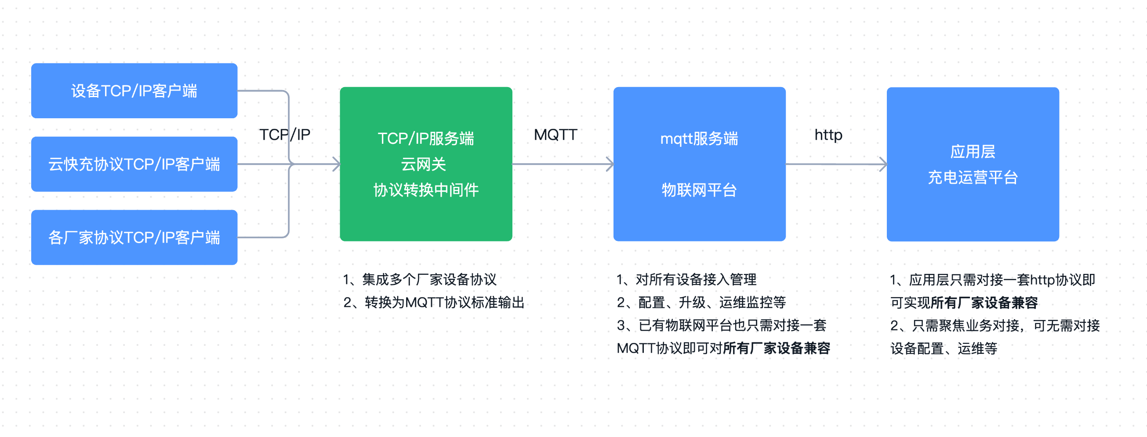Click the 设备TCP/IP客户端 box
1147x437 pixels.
tap(134, 91)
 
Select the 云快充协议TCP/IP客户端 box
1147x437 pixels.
tap(134, 164)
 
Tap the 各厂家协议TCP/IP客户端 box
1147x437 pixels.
tap(134, 237)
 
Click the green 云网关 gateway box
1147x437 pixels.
tap(426, 164)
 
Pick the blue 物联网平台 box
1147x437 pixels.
tap(700, 164)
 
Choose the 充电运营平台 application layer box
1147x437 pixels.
tap(973, 164)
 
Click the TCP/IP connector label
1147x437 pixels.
tap(285, 135)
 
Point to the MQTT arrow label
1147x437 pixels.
tap(555, 135)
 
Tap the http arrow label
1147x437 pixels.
tap(828, 135)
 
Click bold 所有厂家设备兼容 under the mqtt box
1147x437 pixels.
tap(777, 348)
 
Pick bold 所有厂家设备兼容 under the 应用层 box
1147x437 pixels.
tap(984, 303)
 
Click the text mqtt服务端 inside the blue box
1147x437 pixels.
tap(699, 138)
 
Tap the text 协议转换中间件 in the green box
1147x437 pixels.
tap(426, 190)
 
